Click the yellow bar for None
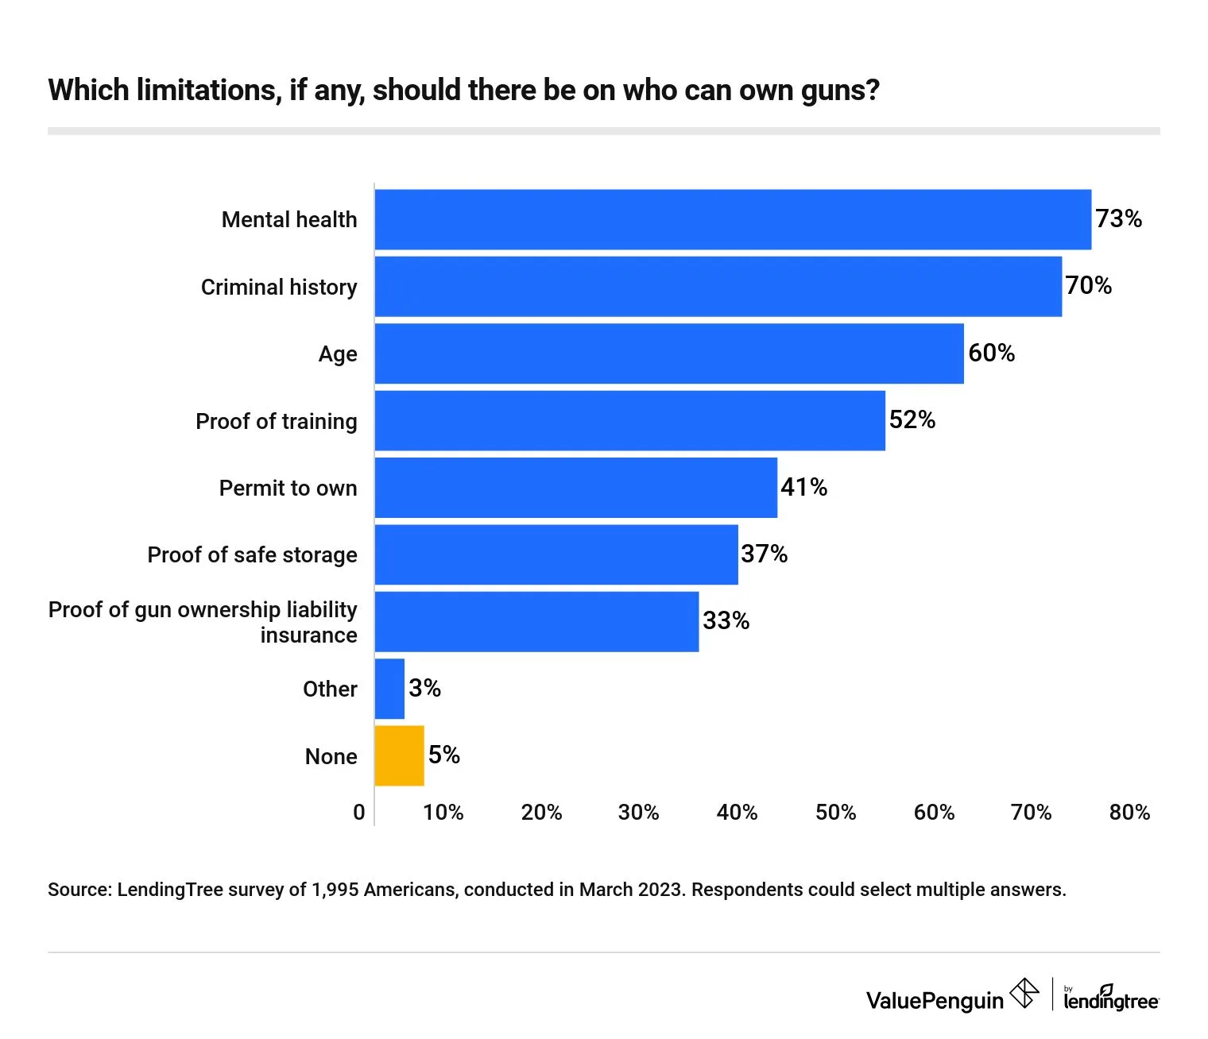point(399,755)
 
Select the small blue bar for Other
point(389,689)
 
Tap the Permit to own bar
point(575,488)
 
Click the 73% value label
point(1118,218)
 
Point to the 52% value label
point(912,419)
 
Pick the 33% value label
point(726,620)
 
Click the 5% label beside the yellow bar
point(443,755)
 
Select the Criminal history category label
point(279,287)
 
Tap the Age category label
point(338,353)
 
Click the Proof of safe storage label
point(252,554)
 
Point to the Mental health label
point(289,219)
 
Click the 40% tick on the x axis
point(737,812)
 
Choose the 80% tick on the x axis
point(1129,812)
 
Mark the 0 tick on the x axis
point(359,812)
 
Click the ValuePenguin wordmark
point(935,1000)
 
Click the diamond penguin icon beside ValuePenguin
point(1024,993)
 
